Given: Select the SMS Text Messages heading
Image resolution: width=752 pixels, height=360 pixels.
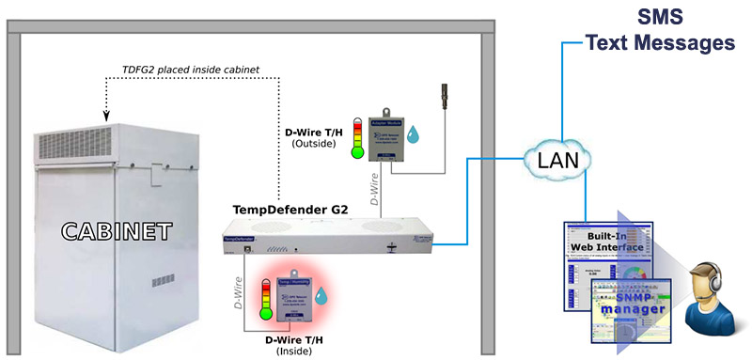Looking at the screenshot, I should coord(657,30).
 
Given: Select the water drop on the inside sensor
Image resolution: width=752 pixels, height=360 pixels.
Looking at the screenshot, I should coord(322,297).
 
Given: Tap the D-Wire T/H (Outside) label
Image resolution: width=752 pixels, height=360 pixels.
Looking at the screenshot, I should coord(309,137).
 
